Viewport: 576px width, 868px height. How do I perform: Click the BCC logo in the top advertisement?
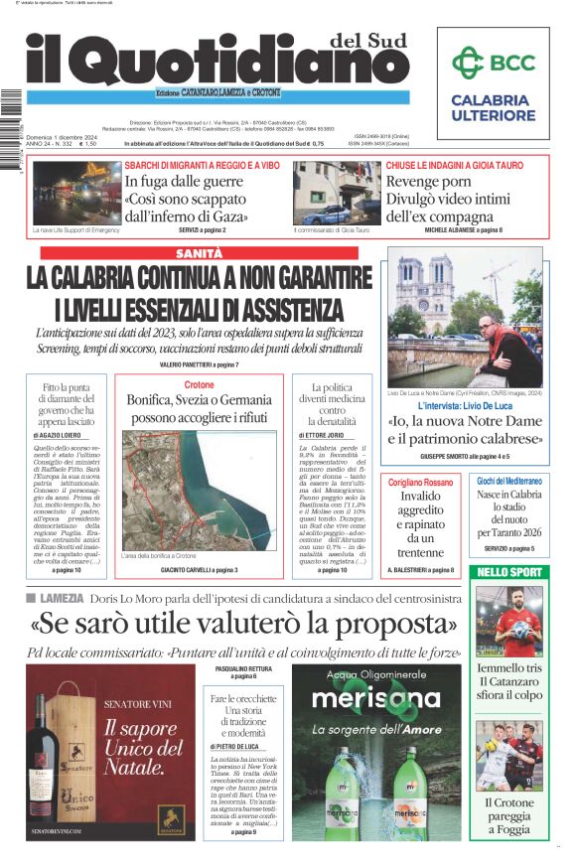click(494, 65)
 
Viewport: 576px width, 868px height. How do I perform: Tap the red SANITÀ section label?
click(194, 254)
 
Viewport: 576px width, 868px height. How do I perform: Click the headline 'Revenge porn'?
click(428, 182)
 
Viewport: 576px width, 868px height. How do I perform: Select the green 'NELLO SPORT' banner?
click(510, 572)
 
